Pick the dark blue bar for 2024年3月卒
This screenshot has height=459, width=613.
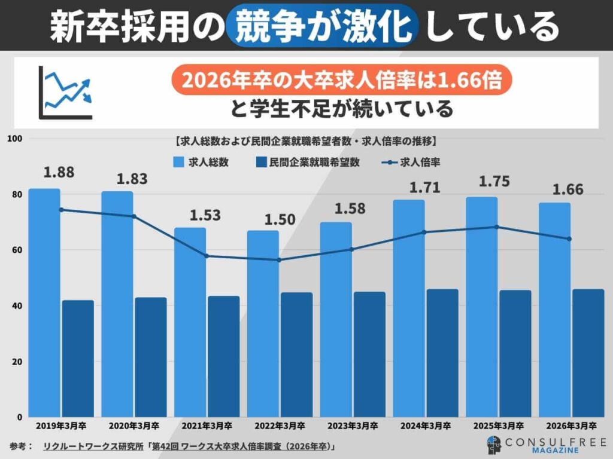click(x=442, y=353)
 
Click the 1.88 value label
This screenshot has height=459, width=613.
click(x=59, y=172)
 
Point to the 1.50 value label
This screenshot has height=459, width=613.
click(x=280, y=219)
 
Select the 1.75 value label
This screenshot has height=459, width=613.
click(x=494, y=182)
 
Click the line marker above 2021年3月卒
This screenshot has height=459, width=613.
click(x=207, y=256)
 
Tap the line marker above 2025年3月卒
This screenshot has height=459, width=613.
click(x=496, y=227)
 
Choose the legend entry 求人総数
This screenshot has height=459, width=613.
click(x=201, y=162)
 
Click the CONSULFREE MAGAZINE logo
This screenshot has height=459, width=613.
click(x=541, y=445)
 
